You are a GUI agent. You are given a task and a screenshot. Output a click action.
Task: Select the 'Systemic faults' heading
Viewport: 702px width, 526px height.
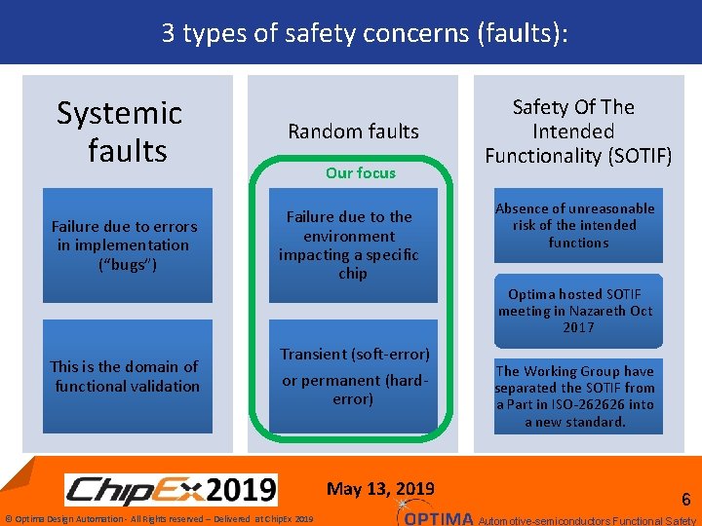point(120,131)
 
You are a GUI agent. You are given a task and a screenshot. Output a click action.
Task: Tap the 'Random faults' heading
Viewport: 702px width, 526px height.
point(353,131)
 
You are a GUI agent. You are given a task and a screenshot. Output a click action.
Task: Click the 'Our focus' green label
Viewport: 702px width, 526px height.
point(361,173)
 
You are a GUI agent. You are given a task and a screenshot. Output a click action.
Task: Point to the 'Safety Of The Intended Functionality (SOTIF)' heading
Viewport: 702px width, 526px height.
point(578,131)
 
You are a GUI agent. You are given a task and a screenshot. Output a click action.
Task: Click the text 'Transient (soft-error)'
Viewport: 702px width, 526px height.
point(355,355)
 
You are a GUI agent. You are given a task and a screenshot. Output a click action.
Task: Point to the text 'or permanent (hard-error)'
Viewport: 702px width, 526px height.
point(354,390)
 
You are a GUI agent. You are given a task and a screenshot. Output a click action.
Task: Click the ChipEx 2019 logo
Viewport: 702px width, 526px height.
point(171,488)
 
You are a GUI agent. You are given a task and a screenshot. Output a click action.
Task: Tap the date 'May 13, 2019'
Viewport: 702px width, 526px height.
point(380,489)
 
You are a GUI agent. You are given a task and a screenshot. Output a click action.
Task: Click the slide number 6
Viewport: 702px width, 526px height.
point(685,500)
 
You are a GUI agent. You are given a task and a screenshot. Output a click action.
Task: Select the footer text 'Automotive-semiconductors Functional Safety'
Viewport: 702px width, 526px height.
point(588,520)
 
